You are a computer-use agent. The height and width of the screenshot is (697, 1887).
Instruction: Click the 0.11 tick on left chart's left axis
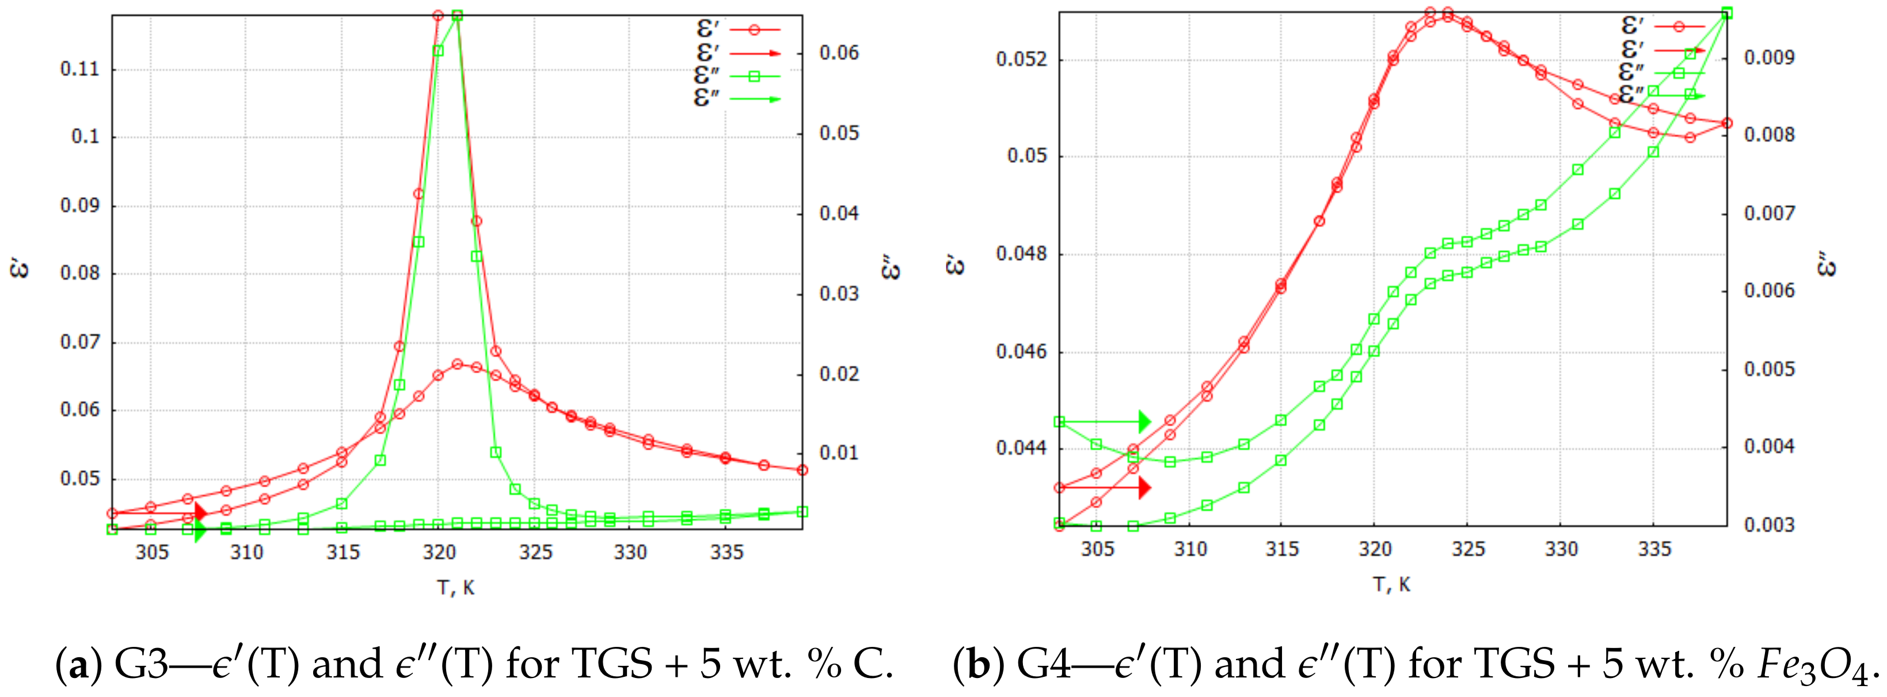point(79,70)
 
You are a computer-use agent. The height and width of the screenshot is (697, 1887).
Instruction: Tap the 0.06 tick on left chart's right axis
point(839,53)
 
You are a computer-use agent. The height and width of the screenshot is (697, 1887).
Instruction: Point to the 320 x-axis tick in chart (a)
point(439,552)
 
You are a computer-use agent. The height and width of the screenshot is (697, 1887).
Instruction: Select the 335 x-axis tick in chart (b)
point(1654,549)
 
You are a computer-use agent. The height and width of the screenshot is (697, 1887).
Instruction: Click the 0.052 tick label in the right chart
point(1022,59)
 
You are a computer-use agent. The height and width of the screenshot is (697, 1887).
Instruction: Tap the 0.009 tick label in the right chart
point(1769,57)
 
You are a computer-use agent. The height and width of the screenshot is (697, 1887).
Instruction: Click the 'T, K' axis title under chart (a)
point(456,588)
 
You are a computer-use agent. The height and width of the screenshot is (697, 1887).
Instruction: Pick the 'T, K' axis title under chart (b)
point(1392,585)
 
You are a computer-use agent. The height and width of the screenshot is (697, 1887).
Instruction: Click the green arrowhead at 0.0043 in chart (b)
point(1144,422)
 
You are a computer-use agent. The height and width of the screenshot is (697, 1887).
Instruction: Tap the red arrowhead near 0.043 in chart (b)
point(1144,487)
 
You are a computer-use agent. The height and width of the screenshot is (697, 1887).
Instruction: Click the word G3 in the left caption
point(142,664)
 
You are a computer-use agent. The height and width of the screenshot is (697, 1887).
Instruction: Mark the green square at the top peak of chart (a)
point(457,16)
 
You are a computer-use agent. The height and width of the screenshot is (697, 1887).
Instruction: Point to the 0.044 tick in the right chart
point(1022,448)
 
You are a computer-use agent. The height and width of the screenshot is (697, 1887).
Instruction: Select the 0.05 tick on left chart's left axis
point(79,479)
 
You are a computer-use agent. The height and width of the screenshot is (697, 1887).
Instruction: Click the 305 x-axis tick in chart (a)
point(151,552)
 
